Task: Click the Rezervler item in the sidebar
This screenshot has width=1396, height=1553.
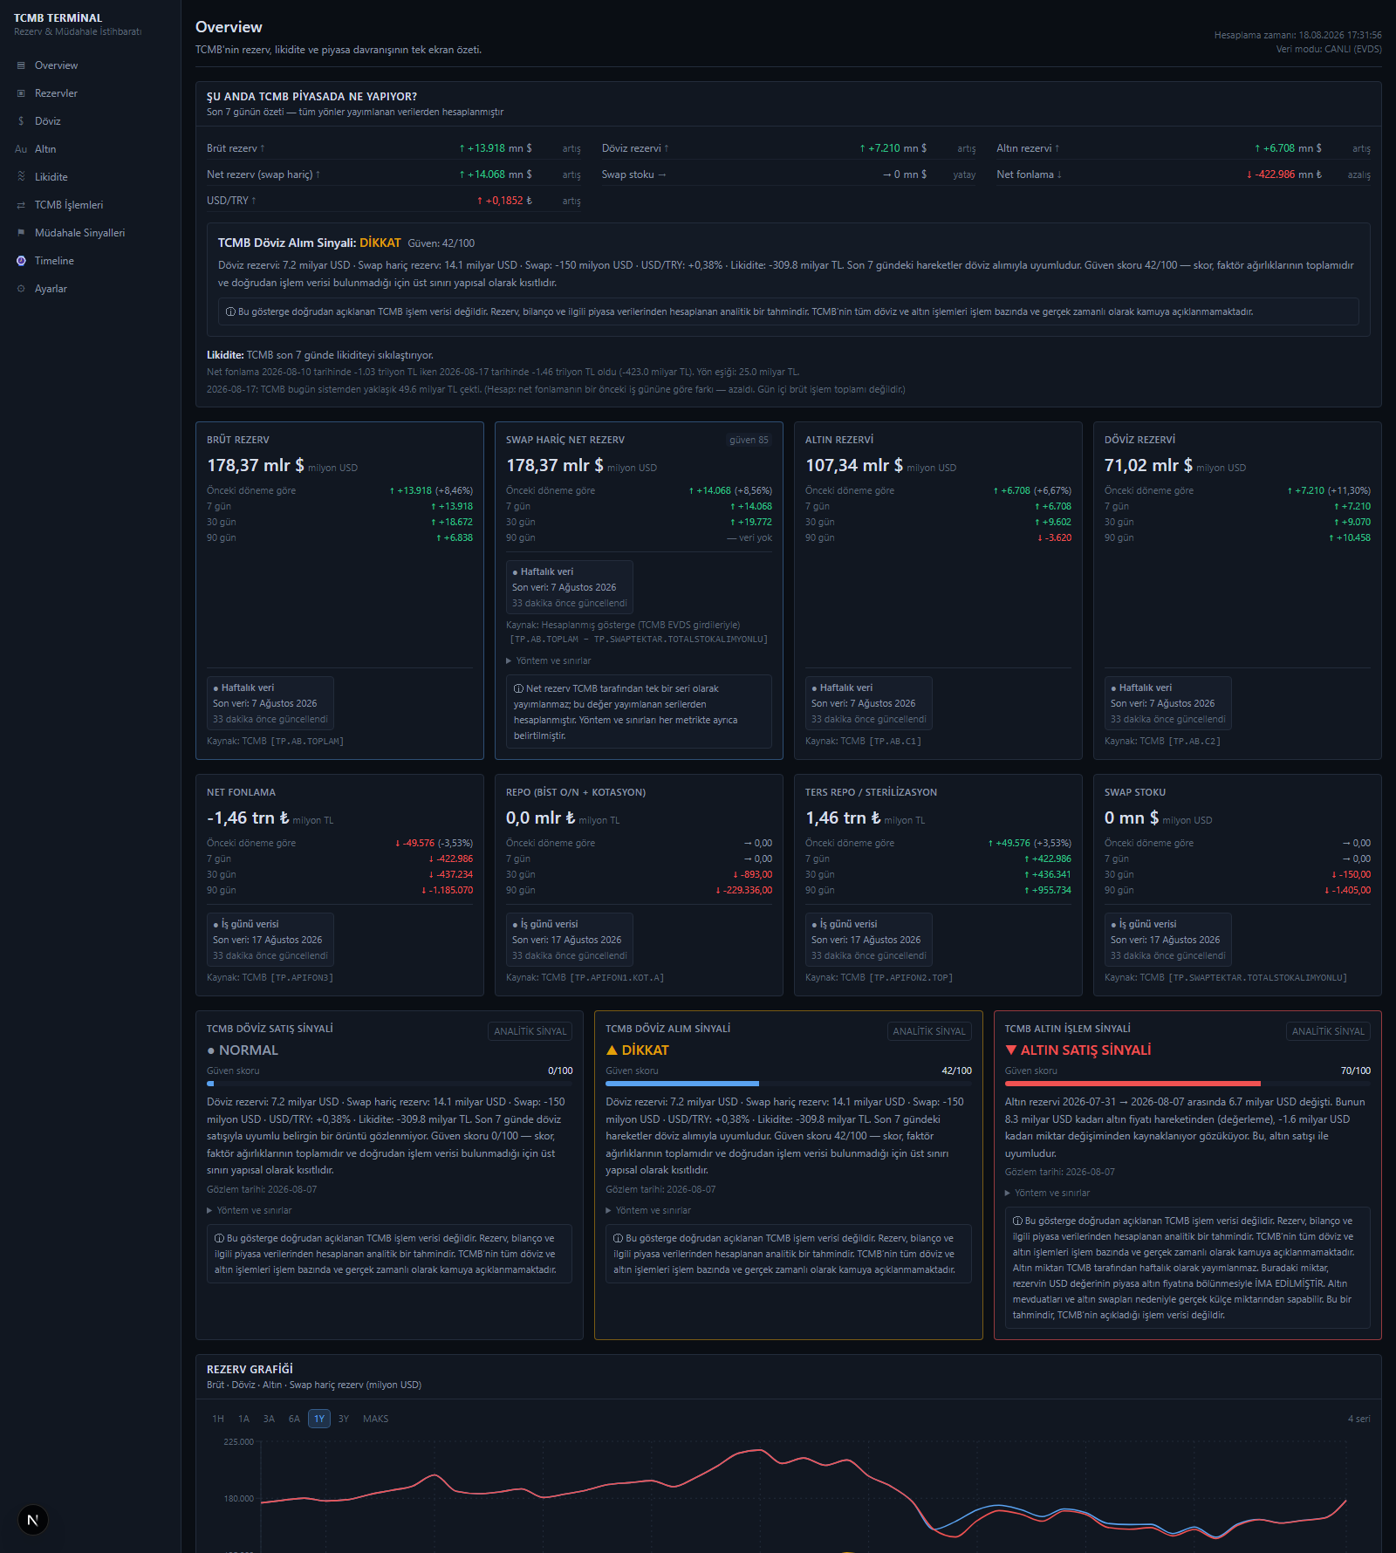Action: pos(56,93)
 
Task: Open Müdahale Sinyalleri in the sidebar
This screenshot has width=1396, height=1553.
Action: pos(79,233)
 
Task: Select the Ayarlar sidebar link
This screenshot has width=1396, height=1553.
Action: pos(51,289)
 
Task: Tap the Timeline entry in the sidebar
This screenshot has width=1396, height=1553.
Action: pos(54,261)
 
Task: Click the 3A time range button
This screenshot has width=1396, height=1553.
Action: pos(269,1419)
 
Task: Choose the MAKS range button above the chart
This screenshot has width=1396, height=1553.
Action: pos(376,1419)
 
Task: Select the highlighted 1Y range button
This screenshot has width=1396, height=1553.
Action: pos(319,1419)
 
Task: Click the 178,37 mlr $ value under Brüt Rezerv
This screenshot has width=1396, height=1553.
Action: pos(256,465)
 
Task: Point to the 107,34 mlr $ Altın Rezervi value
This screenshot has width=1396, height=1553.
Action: pos(854,465)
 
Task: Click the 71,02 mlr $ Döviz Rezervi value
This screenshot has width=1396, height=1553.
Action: pos(1148,465)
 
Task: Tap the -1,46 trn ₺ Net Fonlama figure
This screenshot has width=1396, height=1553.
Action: pos(248,818)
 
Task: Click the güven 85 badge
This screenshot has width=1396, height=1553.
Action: pos(749,440)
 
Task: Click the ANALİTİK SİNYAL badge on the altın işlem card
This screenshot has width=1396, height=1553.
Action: pos(1328,1031)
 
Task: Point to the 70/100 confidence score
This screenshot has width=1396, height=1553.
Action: pos(1356,1071)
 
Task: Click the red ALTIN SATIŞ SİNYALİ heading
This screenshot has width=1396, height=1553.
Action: pos(1078,1050)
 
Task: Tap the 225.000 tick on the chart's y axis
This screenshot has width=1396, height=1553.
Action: pos(238,1441)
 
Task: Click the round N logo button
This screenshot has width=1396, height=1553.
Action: pos(33,1520)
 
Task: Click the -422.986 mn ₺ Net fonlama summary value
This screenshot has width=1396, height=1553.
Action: pos(1283,174)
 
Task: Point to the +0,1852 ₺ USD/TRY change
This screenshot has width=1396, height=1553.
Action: pos(504,201)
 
